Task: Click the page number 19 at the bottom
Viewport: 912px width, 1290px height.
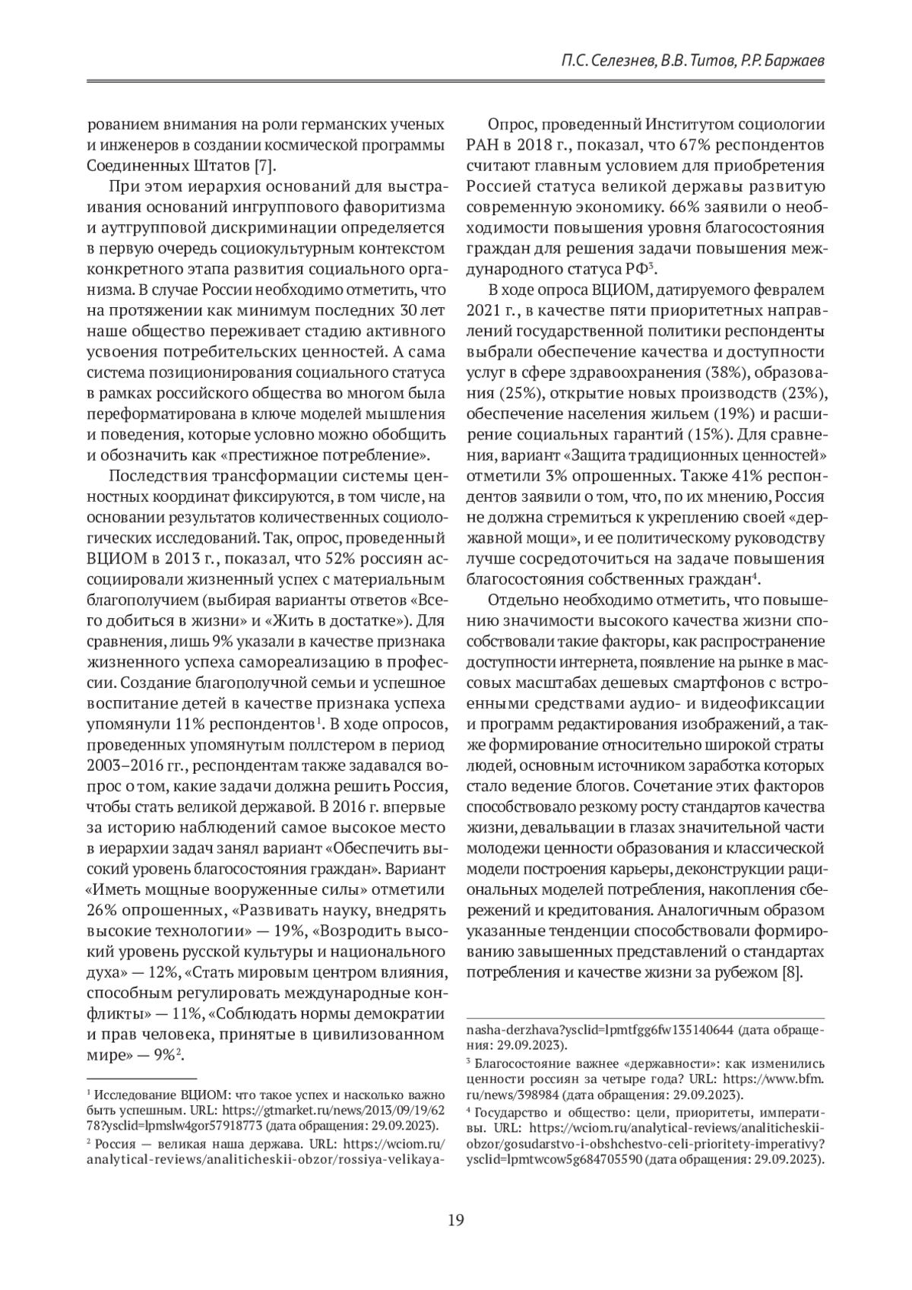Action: (x=455, y=1220)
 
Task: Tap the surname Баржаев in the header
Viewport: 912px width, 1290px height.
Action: (x=793, y=61)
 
